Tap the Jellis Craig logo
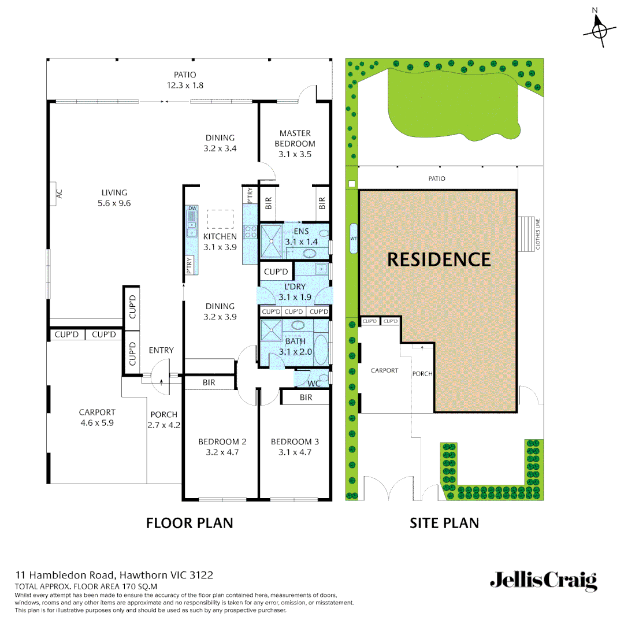click(543, 581)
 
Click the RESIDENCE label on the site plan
click(439, 259)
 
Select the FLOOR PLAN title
click(190, 523)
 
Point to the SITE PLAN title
click(444, 523)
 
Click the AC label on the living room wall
click(58, 195)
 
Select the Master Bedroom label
click(295, 139)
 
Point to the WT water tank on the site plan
click(354, 238)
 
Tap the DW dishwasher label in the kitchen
click(192, 208)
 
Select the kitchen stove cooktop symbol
click(251, 232)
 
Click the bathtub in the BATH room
click(322, 350)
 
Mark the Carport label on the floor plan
click(97, 413)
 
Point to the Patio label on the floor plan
click(185, 75)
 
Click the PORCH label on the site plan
click(422, 374)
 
